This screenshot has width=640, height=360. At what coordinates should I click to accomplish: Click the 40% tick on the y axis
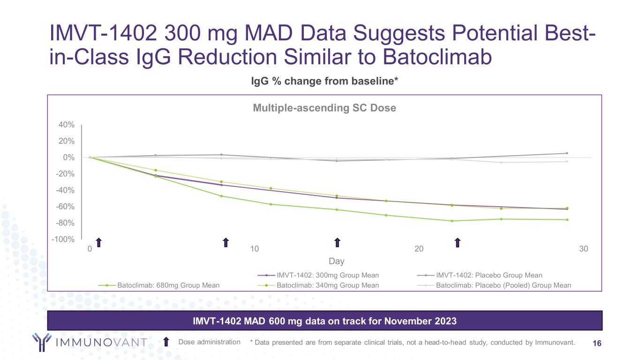coord(66,125)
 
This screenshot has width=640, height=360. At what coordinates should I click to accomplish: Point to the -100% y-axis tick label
coord(64,240)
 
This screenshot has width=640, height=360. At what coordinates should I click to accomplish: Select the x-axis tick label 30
coord(584,249)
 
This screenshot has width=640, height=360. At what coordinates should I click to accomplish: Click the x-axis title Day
coord(336,261)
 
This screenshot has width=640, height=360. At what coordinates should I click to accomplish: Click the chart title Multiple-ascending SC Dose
coord(324,108)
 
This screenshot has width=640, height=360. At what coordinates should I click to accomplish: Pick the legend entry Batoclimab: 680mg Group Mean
coord(168,285)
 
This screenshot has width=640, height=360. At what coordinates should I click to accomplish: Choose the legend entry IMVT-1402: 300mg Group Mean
coord(328,275)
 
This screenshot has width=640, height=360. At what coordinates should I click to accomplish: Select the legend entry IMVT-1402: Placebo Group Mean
coord(489,275)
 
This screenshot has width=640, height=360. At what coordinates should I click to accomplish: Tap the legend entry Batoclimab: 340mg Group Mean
coord(328,285)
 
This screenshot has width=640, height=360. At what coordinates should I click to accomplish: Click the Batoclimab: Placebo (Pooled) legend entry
coord(504,285)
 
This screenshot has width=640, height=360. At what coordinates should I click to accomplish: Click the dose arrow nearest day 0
coord(98,242)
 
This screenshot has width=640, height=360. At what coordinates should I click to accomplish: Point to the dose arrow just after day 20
coord(458,242)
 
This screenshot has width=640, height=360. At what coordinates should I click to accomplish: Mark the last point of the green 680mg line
coord(567,219)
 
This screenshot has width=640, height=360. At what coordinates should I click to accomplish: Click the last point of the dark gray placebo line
coord(567,153)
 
